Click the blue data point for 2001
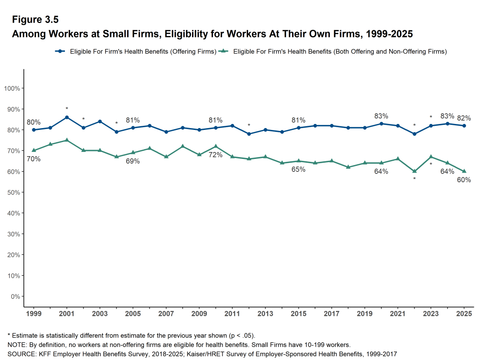(67, 117)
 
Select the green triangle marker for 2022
(414, 171)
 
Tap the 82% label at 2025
(464, 118)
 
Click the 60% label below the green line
(464, 180)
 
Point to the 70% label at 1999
(34, 159)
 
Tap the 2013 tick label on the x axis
(265, 313)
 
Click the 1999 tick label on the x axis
(34, 313)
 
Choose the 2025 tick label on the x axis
(464, 313)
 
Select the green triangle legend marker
(225, 51)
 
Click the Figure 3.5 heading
(36, 20)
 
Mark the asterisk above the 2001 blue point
(67, 109)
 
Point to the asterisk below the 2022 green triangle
(414, 179)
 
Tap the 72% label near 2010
(215, 155)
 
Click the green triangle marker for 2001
(67, 140)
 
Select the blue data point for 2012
(249, 134)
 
